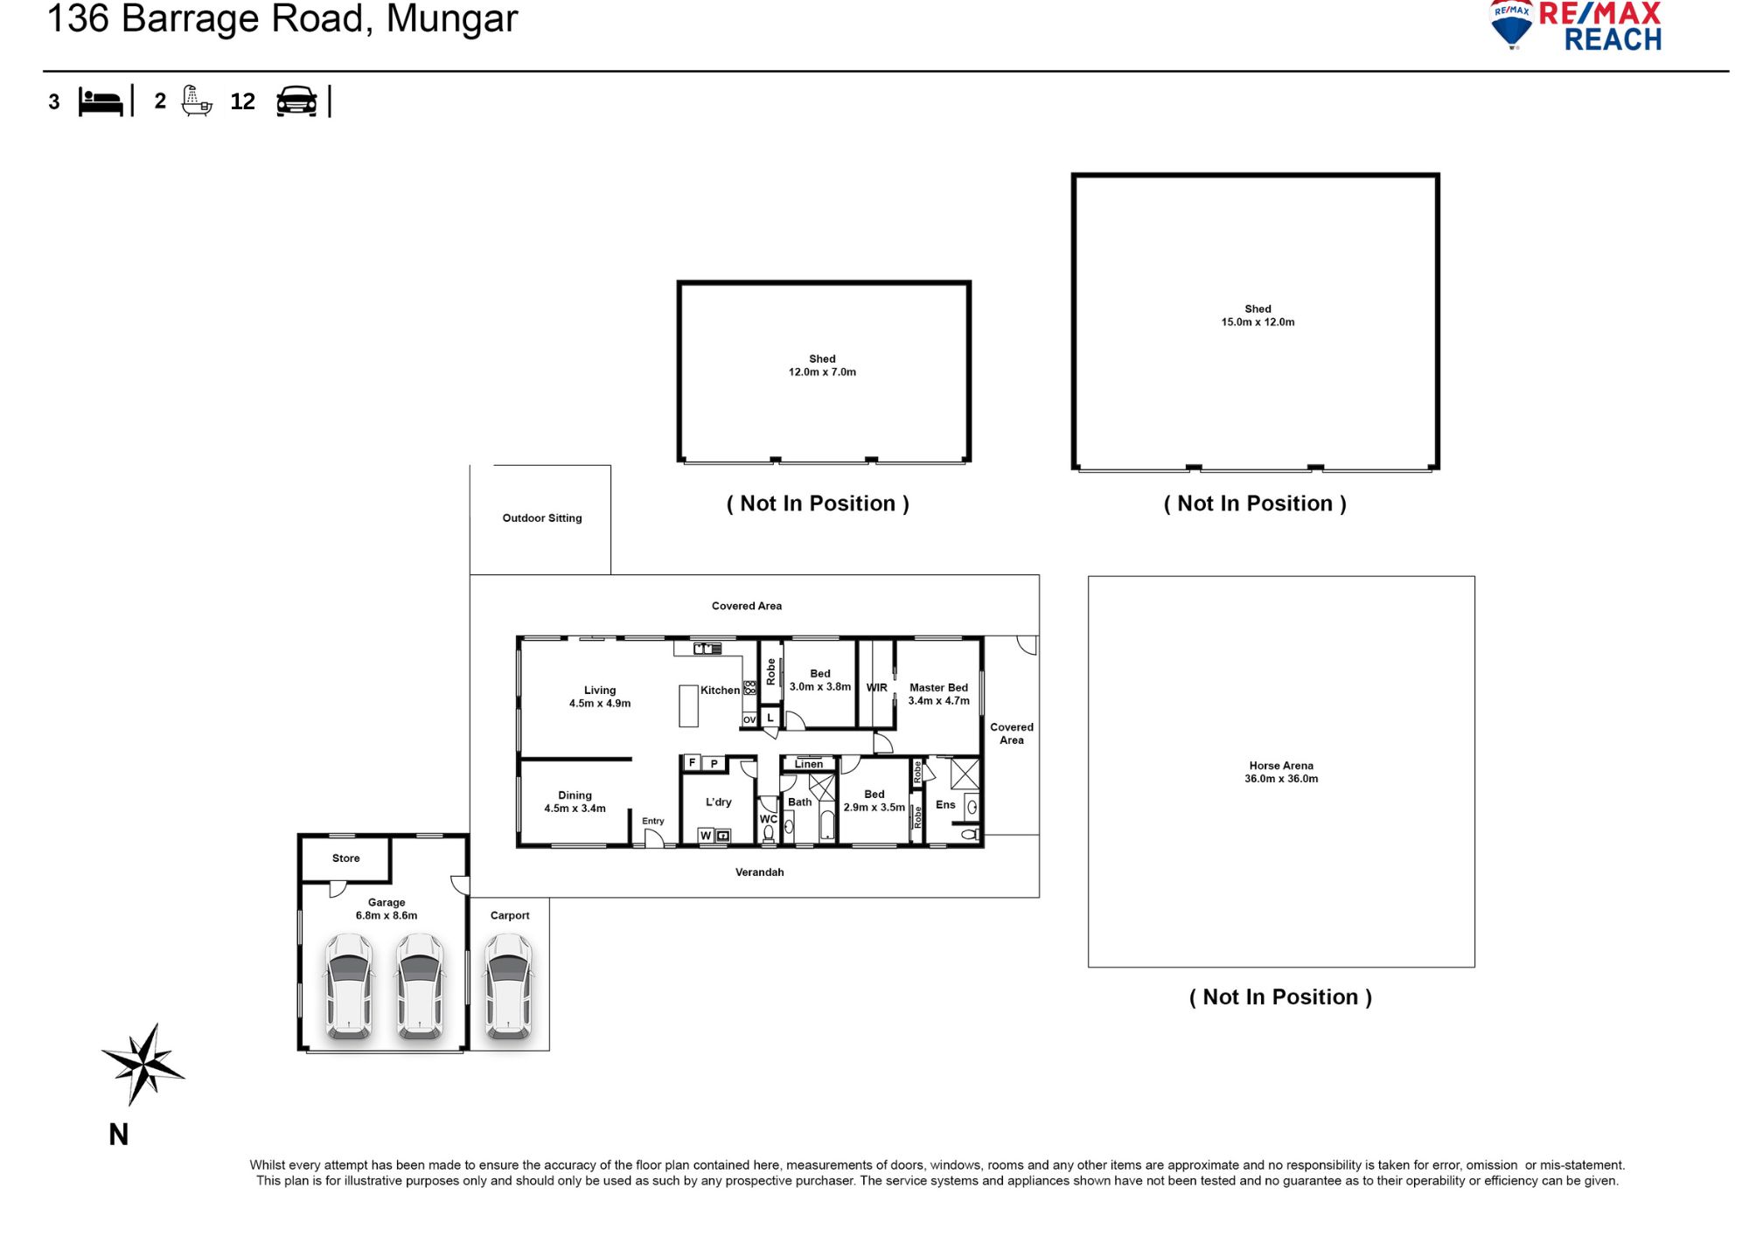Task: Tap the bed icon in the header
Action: [x=101, y=101]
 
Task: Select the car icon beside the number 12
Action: [x=296, y=101]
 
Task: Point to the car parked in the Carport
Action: [x=509, y=985]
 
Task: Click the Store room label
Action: [x=345, y=858]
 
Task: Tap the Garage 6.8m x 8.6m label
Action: [x=387, y=909]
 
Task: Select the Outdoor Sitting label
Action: [x=541, y=518]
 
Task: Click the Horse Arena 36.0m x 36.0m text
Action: [x=1281, y=772]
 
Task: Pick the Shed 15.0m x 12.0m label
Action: [x=1258, y=316]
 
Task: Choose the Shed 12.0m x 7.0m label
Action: [x=822, y=365]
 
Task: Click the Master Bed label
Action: [x=938, y=694]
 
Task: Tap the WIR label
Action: [x=876, y=688]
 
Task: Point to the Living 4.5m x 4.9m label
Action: [x=600, y=697]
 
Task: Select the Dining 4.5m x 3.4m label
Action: [x=575, y=802]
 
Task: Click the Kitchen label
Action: [x=720, y=691]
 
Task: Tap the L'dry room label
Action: [x=718, y=802]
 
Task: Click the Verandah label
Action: [x=759, y=872]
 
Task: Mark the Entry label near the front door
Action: [x=652, y=822]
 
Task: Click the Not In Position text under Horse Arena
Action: [x=1280, y=997]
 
